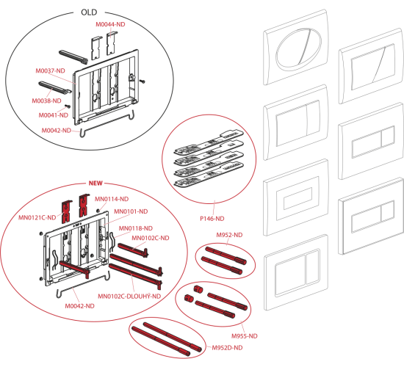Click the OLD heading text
[x=89, y=12]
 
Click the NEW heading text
[x=95, y=183]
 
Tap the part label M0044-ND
[x=110, y=24]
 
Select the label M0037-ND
[x=50, y=70]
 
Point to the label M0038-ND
[x=46, y=101]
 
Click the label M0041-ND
[x=54, y=115]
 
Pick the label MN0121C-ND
[x=37, y=217]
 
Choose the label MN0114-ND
[x=112, y=199]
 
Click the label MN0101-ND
[x=131, y=211]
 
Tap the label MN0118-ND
[x=136, y=228]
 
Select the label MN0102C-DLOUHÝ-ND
[x=129, y=297]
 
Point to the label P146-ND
[x=212, y=219]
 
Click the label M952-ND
[x=229, y=235]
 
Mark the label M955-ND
[x=245, y=336]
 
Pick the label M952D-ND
[x=227, y=348]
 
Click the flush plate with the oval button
[x=296, y=48]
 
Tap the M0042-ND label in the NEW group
[x=79, y=306]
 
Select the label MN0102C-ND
[x=151, y=238]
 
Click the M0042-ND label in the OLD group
[x=57, y=131]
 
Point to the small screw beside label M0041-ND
[x=68, y=106]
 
